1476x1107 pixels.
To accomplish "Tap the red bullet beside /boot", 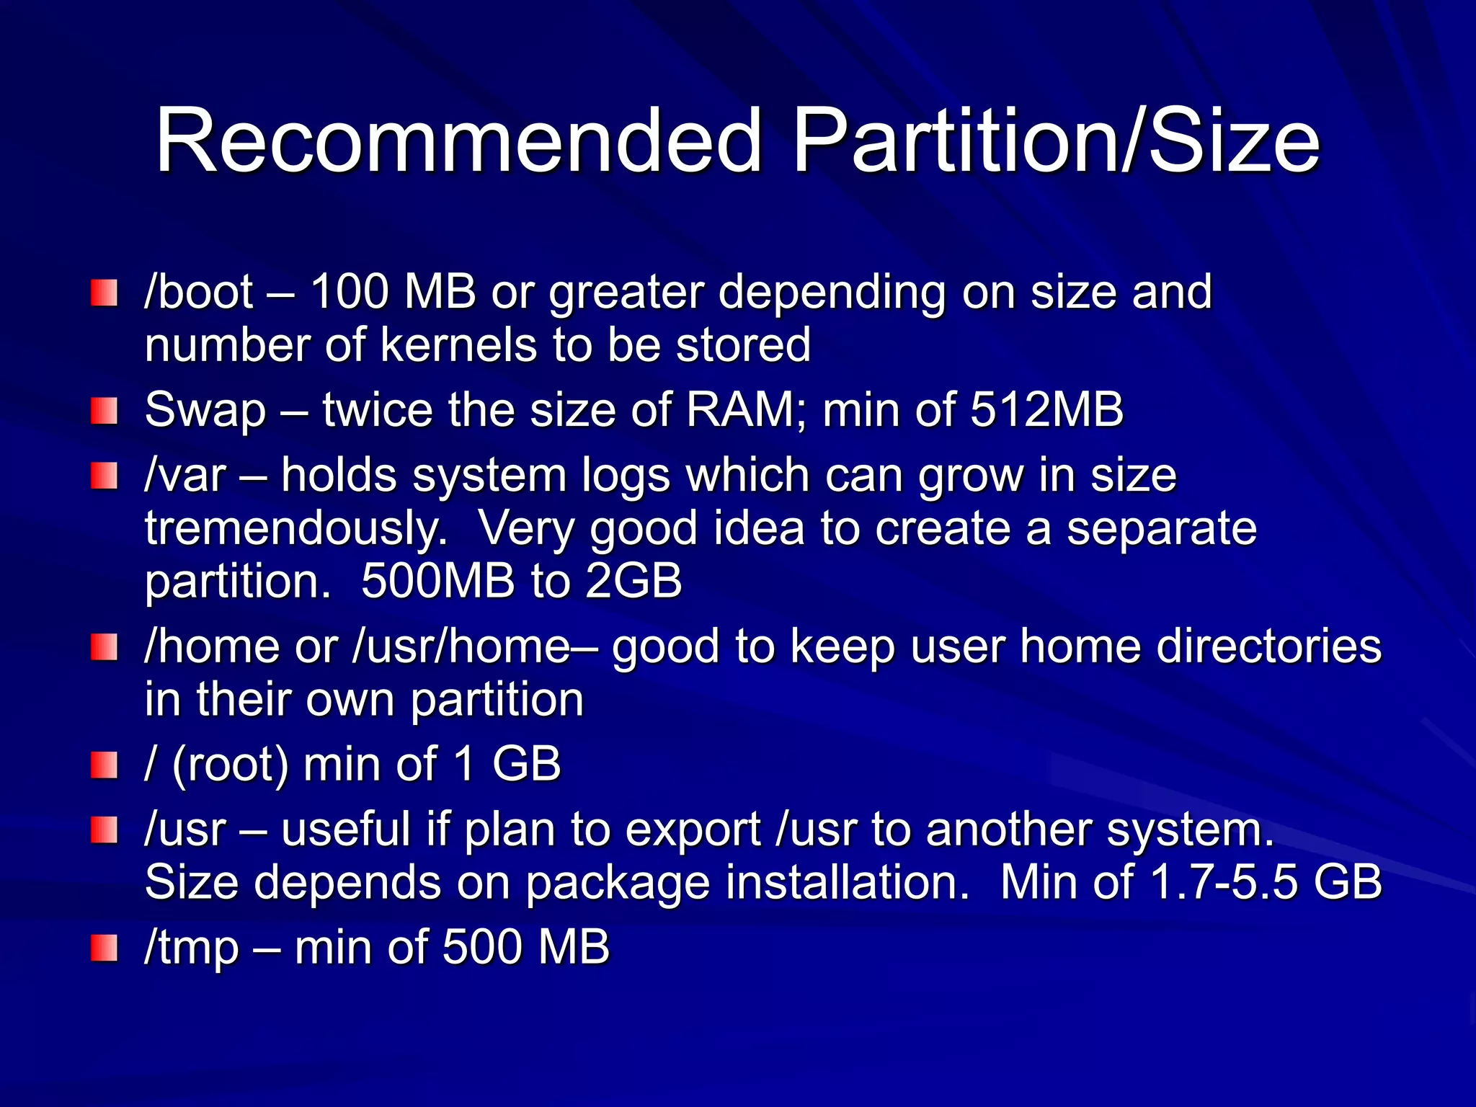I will tap(104, 293).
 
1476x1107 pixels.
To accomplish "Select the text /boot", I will tap(199, 293).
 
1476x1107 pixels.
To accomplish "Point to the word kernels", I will tap(458, 344).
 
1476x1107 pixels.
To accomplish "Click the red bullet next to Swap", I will tap(104, 412).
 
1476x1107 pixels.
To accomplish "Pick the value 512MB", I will tap(1047, 409).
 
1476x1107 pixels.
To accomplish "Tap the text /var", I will tap(186, 476).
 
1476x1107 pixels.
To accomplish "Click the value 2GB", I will tap(633, 581).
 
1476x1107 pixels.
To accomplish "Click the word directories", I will tap(1269, 646).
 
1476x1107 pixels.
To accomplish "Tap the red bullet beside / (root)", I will tap(104, 765).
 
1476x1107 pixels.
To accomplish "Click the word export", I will tap(693, 830).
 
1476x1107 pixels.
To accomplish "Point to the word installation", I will tap(848, 882).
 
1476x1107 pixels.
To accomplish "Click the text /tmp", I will tap(192, 947).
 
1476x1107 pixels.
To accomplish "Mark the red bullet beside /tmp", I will tap(104, 948).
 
